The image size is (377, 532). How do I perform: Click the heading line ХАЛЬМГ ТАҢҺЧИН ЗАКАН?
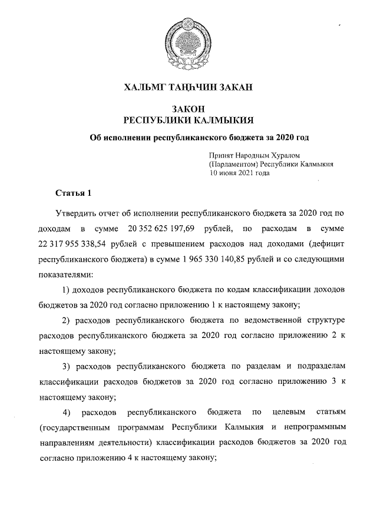(x=188, y=88)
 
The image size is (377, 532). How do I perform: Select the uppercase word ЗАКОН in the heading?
(x=188, y=109)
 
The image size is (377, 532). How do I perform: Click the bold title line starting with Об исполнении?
(x=199, y=138)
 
